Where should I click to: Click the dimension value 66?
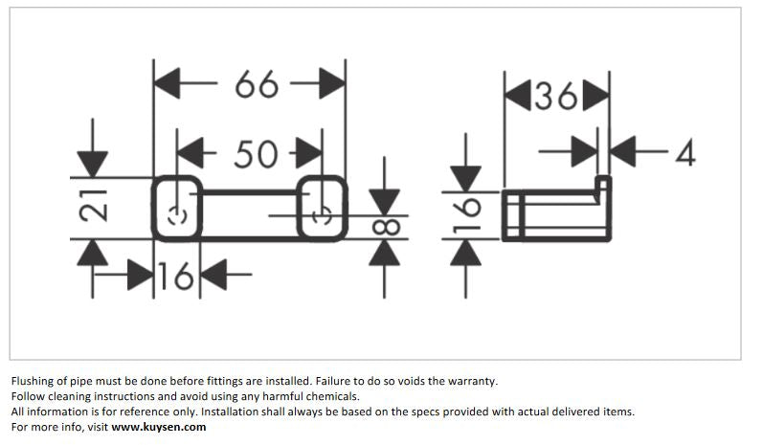256,85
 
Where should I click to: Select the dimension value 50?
255,153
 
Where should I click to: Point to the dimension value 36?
556,96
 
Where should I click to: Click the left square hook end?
177,209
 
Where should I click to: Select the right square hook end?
322,208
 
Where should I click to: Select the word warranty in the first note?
471,380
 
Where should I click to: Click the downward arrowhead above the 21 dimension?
92,164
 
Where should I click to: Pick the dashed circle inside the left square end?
174,215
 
